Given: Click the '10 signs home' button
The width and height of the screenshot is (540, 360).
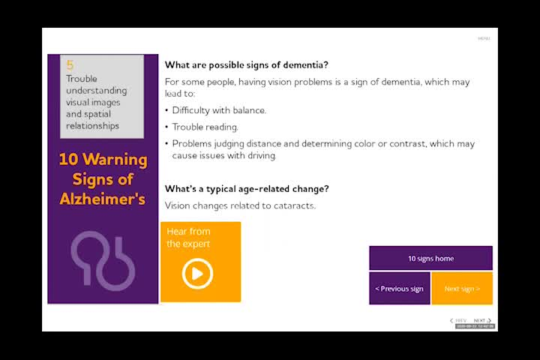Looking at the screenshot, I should click(430, 259).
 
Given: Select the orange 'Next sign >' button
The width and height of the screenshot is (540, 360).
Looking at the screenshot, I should click(461, 289).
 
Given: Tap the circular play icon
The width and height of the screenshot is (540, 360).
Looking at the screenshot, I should click(197, 274).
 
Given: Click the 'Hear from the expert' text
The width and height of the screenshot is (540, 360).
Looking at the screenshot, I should click(188, 238).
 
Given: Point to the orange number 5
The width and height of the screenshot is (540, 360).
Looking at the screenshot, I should click(70, 65).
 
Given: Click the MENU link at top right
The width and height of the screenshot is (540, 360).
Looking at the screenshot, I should click(484, 38).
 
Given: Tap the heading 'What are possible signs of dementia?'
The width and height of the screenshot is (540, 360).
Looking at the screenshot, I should click(247, 64).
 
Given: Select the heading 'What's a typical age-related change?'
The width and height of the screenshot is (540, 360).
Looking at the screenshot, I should click(247, 189).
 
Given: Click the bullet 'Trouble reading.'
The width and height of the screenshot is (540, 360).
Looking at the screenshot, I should click(205, 127).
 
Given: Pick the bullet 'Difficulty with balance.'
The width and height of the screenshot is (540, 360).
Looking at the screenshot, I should click(219, 110).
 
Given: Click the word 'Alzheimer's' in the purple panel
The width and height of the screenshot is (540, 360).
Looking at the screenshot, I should click(103, 199).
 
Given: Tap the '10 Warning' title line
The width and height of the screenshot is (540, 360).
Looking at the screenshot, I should click(103, 160).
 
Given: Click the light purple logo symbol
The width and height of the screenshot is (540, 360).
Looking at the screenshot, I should click(103, 259).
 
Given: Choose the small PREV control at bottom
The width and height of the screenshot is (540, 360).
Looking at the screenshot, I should click(459, 321).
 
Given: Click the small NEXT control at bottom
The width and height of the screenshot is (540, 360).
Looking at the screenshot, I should click(481, 321).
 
